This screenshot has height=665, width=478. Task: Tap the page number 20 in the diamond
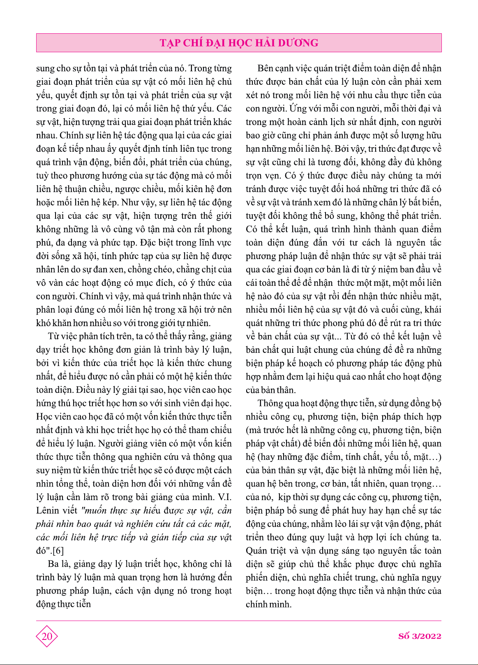pos(47,636)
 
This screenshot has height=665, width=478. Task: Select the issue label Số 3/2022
pos(420,636)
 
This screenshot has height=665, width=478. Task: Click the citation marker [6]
pos(58,551)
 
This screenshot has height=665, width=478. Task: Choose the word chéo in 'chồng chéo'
pos(163,269)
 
